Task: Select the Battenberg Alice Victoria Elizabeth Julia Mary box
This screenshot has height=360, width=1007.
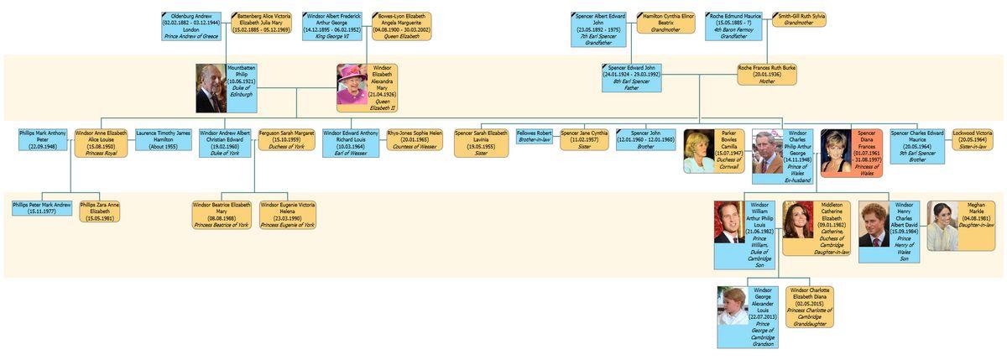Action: (x=261, y=23)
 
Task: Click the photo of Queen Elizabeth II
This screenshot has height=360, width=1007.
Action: (x=352, y=88)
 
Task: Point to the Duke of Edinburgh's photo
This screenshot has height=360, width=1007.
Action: (x=211, y=88)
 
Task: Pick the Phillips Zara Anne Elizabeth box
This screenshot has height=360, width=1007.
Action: (x=100, y=211)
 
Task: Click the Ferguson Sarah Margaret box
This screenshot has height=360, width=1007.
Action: (x=287, y=139)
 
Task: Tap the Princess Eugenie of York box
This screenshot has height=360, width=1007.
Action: (x=288, y=215)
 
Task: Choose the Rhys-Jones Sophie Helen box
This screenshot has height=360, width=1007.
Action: (x=415, y=139)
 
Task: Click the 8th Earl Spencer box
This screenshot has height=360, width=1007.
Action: (x=631, y=77)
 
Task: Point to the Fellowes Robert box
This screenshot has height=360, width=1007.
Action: (x=535, y=136)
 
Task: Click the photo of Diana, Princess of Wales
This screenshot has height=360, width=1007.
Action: (x=836, y=152)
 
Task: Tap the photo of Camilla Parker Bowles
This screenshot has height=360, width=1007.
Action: (x=699, y=152)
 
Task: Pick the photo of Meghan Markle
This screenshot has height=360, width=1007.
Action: (x=942, y=226)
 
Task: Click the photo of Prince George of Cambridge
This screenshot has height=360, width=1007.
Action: (x=733, y=306)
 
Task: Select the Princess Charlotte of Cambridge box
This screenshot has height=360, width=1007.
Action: (x=808, y=306)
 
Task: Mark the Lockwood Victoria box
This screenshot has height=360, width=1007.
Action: (x=973, y=139)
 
